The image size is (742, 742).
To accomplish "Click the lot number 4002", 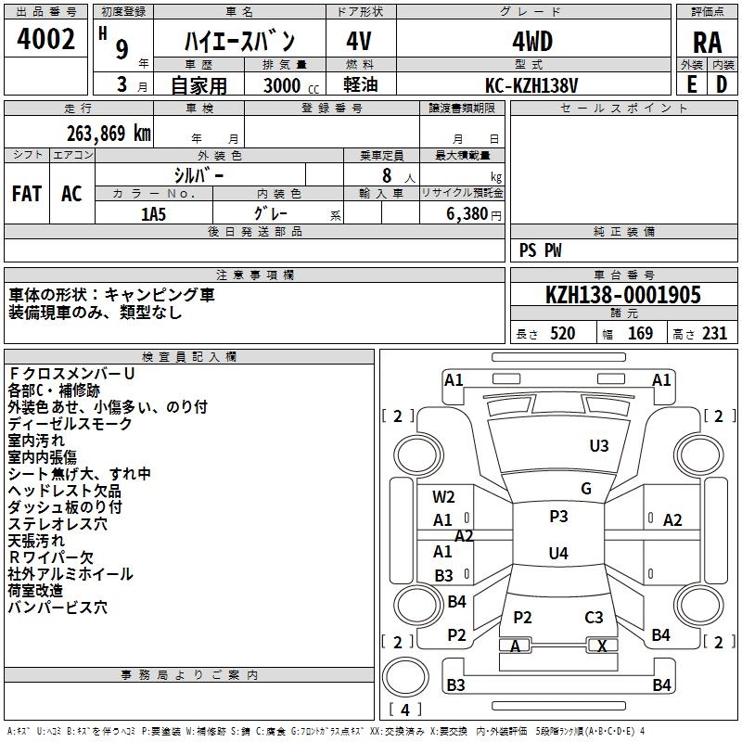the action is pos(46,40).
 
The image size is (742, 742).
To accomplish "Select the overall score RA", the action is pos(707,43).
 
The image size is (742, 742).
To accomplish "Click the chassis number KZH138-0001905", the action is pos(623,295).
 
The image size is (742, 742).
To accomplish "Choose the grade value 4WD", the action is pos(532,42).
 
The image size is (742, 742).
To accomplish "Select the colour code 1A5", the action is pos(153,214).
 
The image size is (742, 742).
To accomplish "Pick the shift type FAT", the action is pos(27,194).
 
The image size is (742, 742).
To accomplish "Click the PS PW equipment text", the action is pos(541,249).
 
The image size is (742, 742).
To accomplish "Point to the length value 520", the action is pos(562,334).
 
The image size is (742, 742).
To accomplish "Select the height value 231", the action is pos(713,334).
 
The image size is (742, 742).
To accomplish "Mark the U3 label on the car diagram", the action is pos(599,446).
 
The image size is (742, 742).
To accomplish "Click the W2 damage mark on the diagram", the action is pos(443,497).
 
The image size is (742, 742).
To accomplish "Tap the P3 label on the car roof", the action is pos(558,517).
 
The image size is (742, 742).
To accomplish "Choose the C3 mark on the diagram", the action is pos(594,618).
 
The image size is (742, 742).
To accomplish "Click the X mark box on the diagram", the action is pos(602,646).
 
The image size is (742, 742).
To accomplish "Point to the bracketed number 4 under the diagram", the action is pos(405,710).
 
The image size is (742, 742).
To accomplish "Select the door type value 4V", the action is pos(359,42).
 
